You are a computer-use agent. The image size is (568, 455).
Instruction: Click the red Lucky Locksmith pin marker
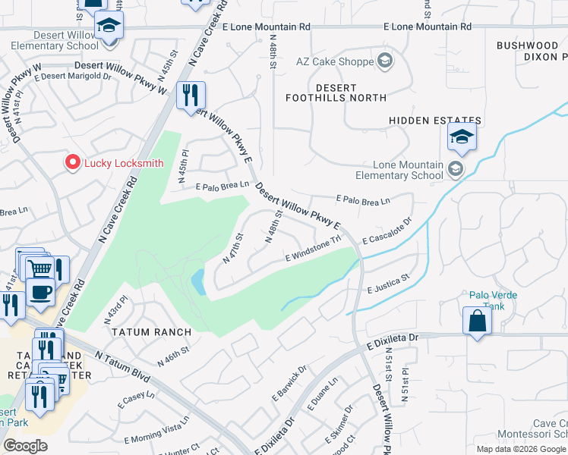click(x=72, y=162)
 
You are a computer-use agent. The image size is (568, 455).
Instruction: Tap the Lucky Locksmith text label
click(x=124, y=163)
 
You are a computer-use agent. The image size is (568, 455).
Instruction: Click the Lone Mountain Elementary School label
click(x=408, y=170)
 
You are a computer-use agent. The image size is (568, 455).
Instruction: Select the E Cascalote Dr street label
click(x=387, y=231)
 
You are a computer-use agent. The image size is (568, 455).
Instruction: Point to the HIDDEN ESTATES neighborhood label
click(x=435, y=121)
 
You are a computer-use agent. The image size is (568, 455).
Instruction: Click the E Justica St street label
click(x=388, y=284)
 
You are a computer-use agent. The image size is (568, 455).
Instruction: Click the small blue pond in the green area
click(x=197, y=282)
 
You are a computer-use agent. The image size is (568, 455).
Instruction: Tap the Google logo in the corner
click(x=25, y=445)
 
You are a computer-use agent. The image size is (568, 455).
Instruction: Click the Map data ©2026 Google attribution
click(x=521, y=449)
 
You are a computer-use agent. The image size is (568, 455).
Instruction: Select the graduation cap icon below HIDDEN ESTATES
click(x=461, y=138)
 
